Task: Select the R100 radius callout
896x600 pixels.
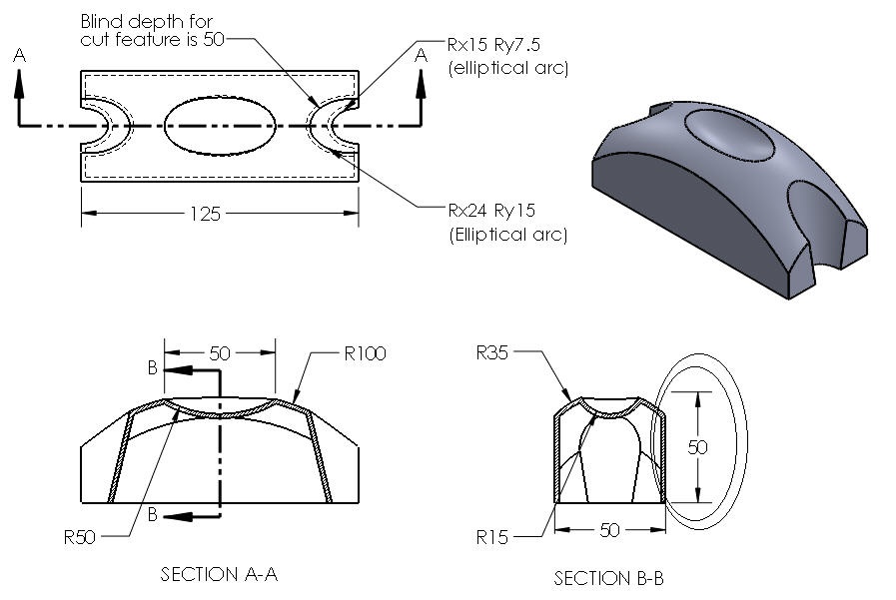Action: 364,353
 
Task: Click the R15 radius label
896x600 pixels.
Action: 491,538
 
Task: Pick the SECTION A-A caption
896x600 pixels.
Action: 219,574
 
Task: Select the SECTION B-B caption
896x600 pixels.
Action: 608,579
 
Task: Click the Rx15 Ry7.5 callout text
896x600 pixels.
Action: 506,46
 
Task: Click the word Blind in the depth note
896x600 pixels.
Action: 103,21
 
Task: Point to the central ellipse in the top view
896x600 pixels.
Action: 220,127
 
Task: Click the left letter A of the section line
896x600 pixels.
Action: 20,58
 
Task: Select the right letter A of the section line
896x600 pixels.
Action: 422,57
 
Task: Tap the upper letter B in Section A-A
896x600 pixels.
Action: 152,368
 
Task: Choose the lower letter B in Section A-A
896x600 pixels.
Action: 152,515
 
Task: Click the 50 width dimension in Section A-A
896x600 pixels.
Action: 220,352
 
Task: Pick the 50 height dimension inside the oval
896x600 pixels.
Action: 697,446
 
